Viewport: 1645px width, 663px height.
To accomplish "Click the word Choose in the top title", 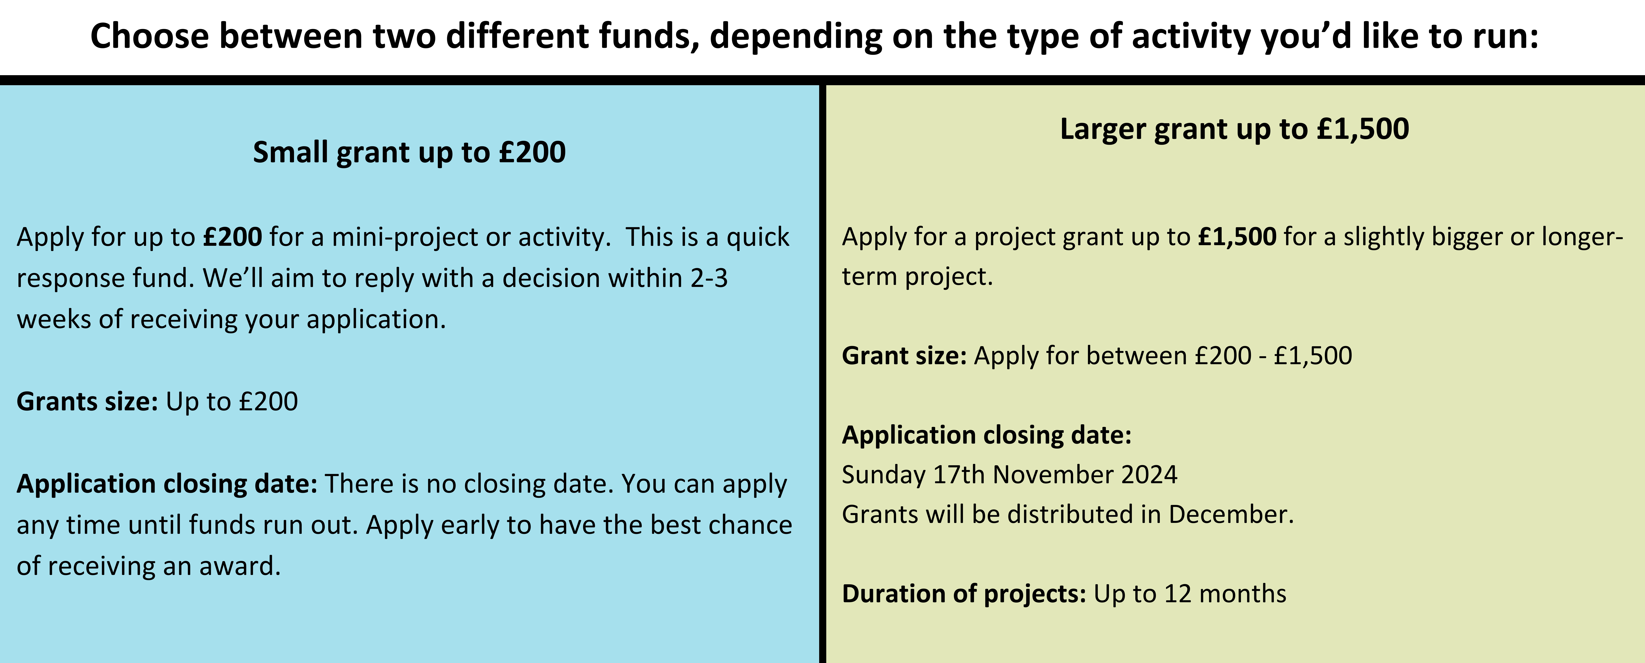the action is point(149,36).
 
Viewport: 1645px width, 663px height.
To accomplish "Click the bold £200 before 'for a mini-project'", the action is point(232,237).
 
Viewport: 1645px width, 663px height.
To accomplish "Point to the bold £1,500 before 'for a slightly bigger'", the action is point(1237,237).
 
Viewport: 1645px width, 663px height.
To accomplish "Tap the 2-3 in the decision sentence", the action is point(709,278).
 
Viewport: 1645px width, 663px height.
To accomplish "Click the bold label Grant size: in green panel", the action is point(904,355).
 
